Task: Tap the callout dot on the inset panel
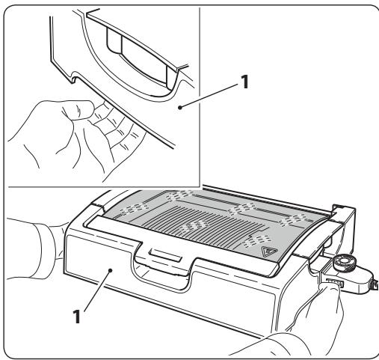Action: pos(181,107)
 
